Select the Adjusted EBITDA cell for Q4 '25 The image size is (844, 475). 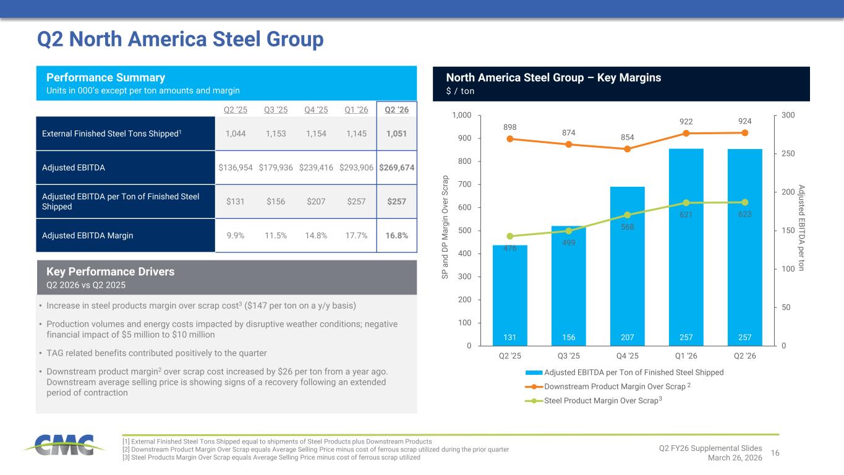click(x=317, y=167)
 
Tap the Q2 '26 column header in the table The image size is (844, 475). click(x=396, y=109)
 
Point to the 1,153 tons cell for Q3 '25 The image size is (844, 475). click(x=276, y=133)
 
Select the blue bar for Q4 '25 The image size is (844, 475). click(x=627, y=266)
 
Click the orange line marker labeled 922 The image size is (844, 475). click(x=686, y=133)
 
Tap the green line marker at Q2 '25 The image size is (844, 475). click(x=509, y=236)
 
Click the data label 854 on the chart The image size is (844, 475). click(x=627, y=137)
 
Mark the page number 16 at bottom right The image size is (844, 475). click(x=775, y=453)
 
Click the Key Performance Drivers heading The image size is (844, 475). click(x=110, y=272)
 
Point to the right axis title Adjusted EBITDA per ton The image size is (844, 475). click(x=801, y=228)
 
